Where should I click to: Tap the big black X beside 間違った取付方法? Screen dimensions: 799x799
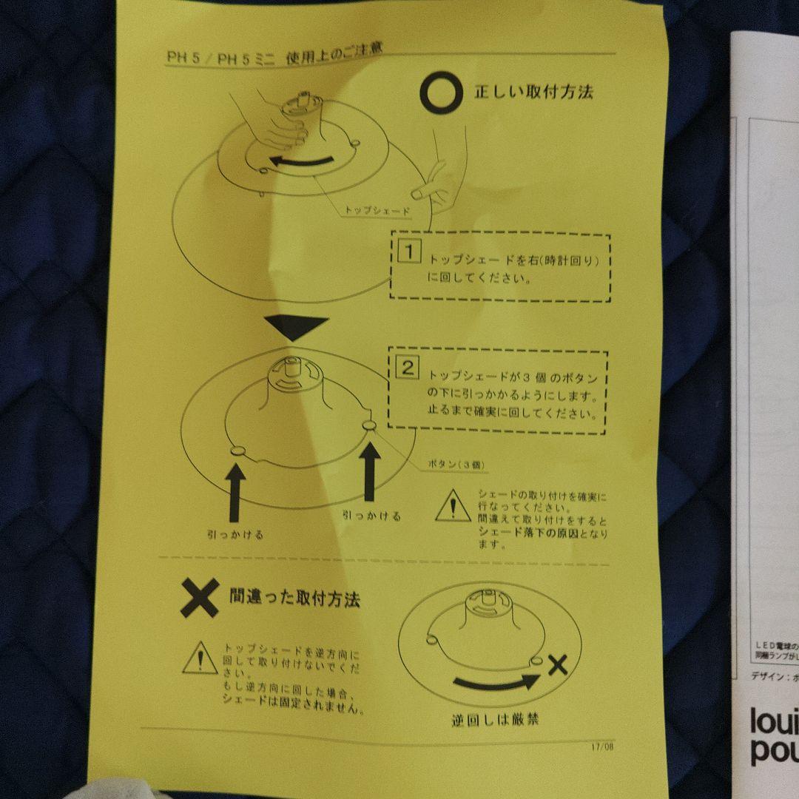click(x=199, y=598)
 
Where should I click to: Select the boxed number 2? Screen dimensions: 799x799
click(x=408, y=368)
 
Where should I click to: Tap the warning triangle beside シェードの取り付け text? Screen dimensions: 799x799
click(x=452, y=507)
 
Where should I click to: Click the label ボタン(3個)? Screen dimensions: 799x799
click(x=455, y=465)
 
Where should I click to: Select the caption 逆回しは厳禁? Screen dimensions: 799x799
click(x=495, y=718)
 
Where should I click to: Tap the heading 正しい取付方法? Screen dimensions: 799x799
click(x=533, y=92)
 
